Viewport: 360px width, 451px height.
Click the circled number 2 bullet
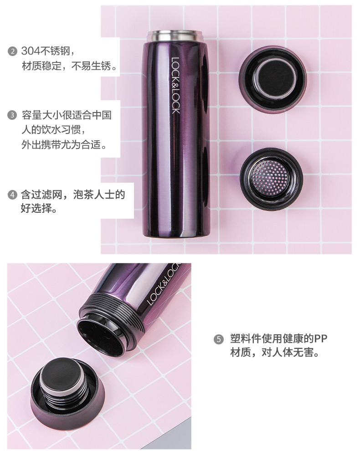point(12,52)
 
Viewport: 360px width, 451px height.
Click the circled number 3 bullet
point(12,115)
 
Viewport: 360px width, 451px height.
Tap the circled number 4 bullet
point(12,195)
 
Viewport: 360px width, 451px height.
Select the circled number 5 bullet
point(219,339)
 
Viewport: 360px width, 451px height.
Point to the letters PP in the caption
point(320,339)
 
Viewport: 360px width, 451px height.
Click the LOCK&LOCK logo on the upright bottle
point(175,86)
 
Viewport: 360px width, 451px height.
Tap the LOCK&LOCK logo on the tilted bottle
point(163,284)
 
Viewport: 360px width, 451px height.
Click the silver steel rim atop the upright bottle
point(175,36)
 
